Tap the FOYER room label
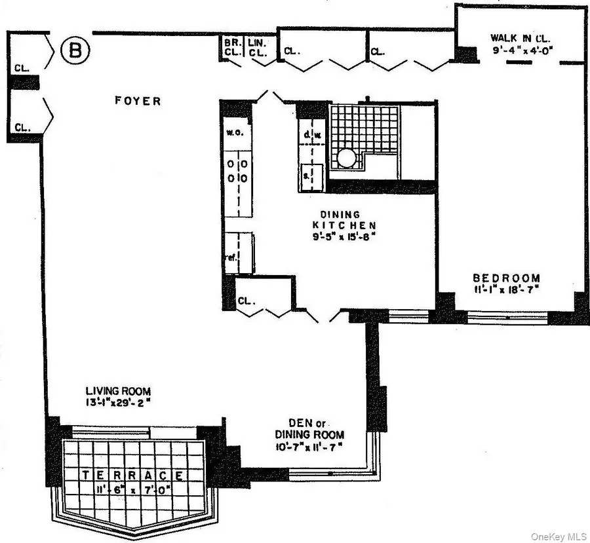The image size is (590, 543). (x=138, y=101)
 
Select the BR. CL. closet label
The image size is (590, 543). (x=231, y=48)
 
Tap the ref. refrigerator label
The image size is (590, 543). (x=231, y=257)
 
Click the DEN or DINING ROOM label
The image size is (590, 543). (x=309, y=429)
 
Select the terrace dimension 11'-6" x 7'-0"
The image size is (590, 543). (x=134, y=488)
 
